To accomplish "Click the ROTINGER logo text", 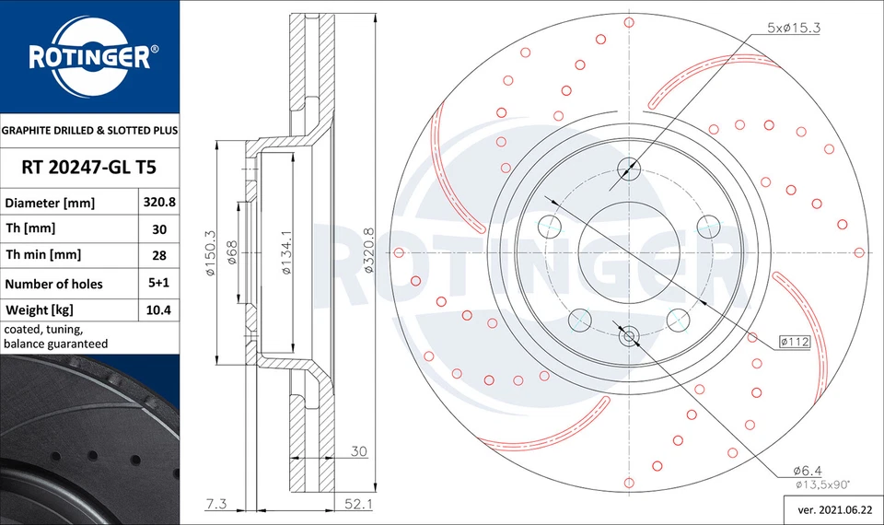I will pos(88,58).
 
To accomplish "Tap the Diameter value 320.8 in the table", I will pos(159,202).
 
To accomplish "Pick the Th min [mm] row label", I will pos(43,255).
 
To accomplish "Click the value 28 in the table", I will pos(159,255).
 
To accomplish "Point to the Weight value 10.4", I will pos(159,310).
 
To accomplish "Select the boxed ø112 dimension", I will pos(794,342).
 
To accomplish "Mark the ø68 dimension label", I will pos(233,252).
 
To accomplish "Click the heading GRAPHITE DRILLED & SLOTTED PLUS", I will pos(89,131).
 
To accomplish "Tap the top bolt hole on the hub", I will pos(630,169).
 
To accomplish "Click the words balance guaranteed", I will pos(56,344).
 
